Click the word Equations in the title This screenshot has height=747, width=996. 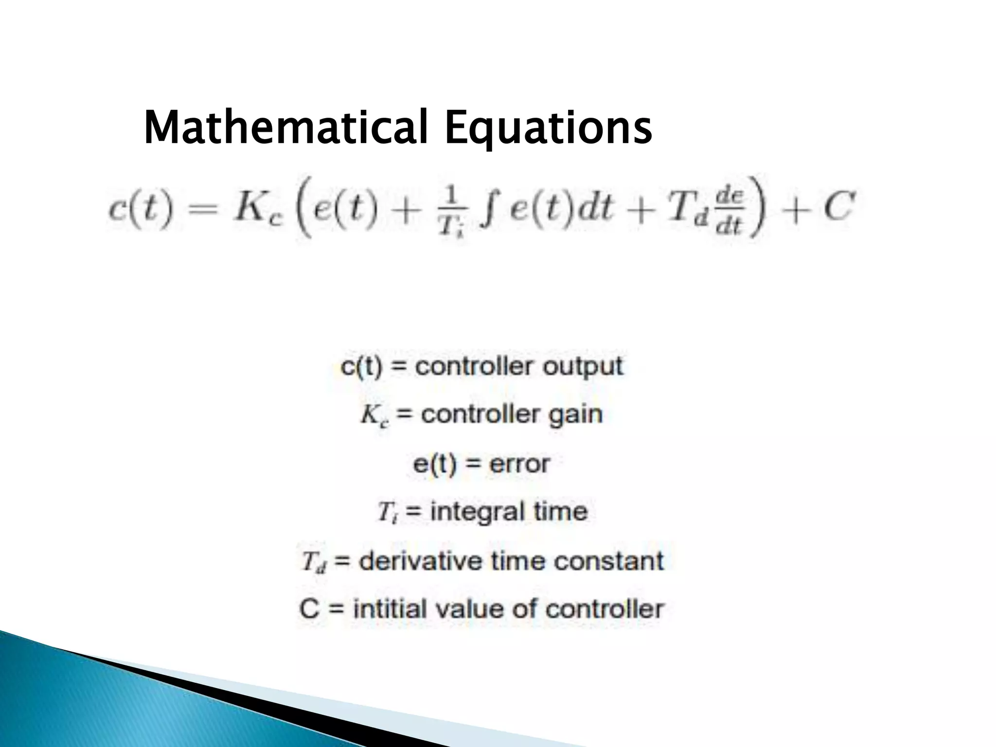(x=548, y=127)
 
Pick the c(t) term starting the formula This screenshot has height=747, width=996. (x=140, y=209)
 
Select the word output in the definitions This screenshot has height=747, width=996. (x=583, y=366)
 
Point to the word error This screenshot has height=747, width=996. (x=519, y=463)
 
